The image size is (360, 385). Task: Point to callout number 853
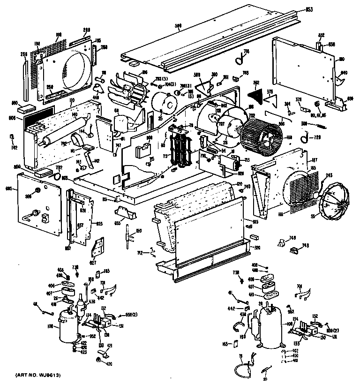pyautogui.click(x=309, y=9)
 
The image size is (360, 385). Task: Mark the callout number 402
pyautogui.click(x=296, y=351)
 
